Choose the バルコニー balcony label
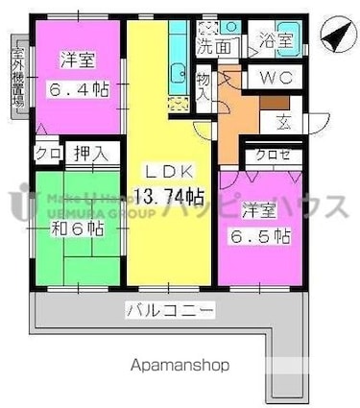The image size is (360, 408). [171, 310]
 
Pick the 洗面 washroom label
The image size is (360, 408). [215, 44]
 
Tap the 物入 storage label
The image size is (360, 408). [203, 86]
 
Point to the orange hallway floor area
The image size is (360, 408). [235, 120]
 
